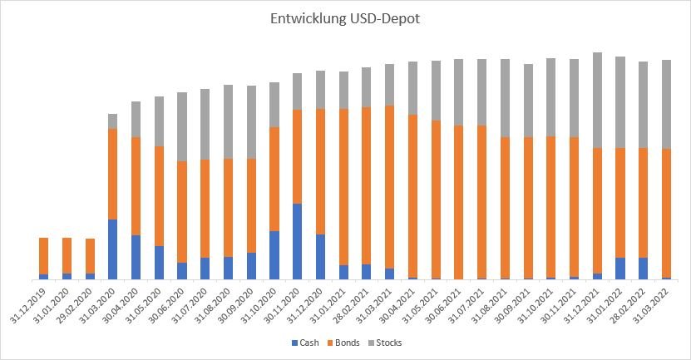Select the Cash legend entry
coord(308,343)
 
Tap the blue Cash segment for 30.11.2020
coord(297,241)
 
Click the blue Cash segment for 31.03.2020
coord(112,249)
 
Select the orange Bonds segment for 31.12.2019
coord(43,256)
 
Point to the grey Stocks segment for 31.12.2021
coord(597,100)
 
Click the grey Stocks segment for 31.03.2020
coord(112,121)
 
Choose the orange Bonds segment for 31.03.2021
coord(389,187)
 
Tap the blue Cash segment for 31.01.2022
coord(619,269)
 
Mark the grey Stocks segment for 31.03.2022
coord(666,104)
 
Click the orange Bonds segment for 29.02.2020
coord(90,256)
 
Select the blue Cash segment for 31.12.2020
coord(320,257)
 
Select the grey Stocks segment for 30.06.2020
coord(181,126)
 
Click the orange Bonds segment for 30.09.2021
coord(527,208)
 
